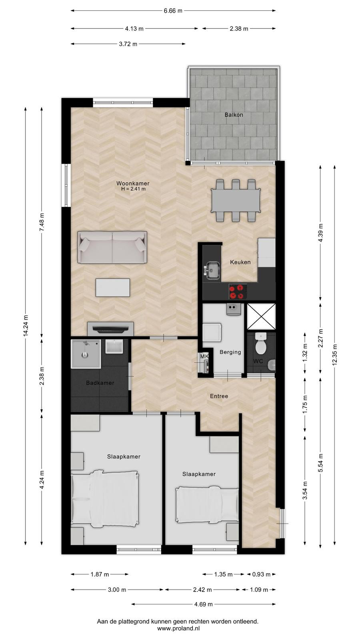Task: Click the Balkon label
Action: click(x=234, y=115)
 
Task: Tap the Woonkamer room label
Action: click(x=133, y=184)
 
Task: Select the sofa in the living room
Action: click(x=112, y=248)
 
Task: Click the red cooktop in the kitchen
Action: click(x=238, y=291)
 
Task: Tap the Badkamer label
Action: click(x=100, y=383)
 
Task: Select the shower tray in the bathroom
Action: click(x=86, y=354)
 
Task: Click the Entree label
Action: click(x=219, y=396)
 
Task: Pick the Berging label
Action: click(x=230, y=352)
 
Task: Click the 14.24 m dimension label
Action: click(x=26, y=326)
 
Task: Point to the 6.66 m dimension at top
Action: click(x=173, y=11)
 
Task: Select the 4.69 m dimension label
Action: click(x=204, y=604)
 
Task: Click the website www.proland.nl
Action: click(x=178, y=628)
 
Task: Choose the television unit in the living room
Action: click(x=110, y=328)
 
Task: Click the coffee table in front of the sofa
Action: click(x=113, y=288)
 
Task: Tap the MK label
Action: click(x=204, y=356)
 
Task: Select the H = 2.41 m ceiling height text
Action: click(x=134, y=189)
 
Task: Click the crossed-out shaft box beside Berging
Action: click(x=261, y=317)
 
